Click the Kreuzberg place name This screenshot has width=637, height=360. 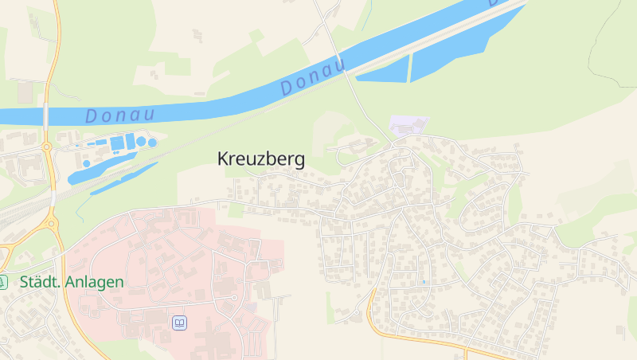(260, 159)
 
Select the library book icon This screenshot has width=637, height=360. (179, 323)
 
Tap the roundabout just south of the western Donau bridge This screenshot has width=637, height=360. (47, 147)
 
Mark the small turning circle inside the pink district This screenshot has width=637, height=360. (234, 298)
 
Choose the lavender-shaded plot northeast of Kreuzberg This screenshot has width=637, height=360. (408, 125)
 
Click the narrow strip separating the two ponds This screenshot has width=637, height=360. (410, 68)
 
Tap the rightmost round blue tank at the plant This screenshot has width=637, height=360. (152, 143)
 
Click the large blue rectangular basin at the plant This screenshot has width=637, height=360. (117, 143)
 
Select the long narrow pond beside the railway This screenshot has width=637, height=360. (123, 177)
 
